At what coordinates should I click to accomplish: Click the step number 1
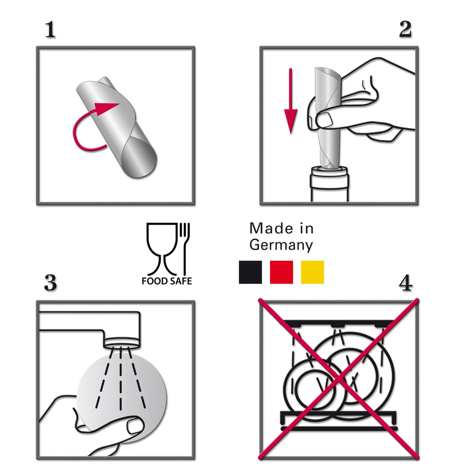coord(50,30)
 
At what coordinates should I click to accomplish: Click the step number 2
coord(405,29)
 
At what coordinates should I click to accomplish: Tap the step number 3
coord(50,283)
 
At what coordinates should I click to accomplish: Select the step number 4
coord(406,283)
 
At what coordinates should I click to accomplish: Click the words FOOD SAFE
coord(167,281)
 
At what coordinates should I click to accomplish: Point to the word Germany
coord(281,245)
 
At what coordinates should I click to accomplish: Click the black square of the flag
coord(251,272)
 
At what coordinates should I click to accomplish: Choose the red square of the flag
coord(281,272)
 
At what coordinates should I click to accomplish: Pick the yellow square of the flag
coord(312,272)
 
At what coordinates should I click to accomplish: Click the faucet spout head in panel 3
coord(122,341)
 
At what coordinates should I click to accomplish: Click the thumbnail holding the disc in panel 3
coord(135,425)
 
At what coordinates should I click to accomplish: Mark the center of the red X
coord(339,379)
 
